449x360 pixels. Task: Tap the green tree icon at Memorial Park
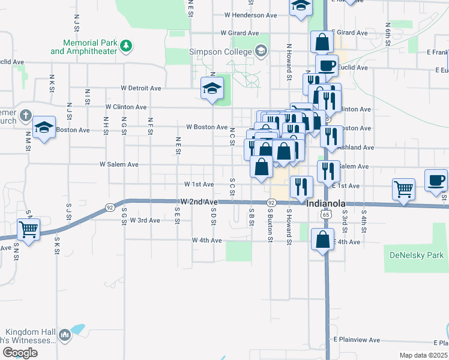point(126,45)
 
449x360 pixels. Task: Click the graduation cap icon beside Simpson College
point(261,52)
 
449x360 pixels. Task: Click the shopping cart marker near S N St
point(28,229)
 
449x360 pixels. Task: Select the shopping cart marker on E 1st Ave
point(404,189)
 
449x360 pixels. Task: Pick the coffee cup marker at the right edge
point(436,179)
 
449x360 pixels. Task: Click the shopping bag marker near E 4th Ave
point(323,239)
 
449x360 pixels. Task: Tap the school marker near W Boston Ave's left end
point(44,127)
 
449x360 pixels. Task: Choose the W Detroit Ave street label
point(141,88)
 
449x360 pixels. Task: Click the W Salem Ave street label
point(119,164)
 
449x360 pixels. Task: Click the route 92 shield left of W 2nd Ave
point(110,207)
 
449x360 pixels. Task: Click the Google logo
point(20,353)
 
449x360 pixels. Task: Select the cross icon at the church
point(25,115)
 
